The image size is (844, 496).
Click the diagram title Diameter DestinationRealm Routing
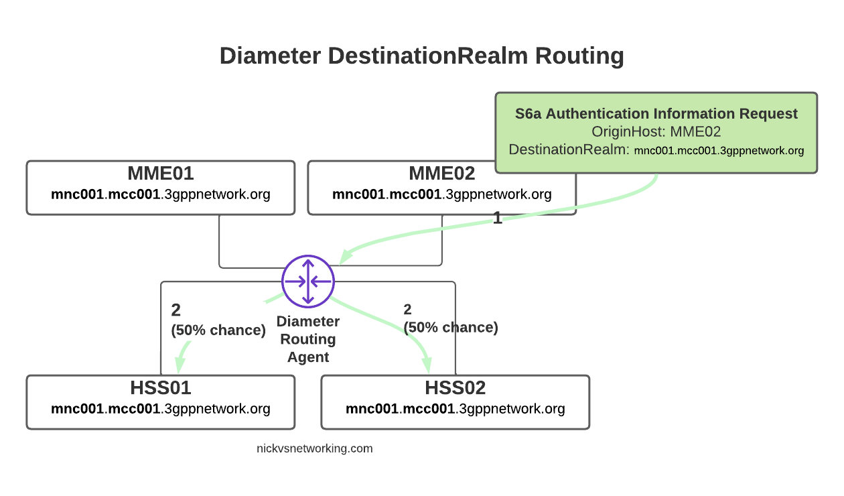421,56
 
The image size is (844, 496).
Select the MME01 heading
161,174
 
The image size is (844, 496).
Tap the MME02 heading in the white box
441,174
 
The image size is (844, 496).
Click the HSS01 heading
161,388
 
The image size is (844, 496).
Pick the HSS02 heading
455,388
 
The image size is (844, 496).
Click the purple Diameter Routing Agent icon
307,281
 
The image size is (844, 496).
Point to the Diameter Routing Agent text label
308,339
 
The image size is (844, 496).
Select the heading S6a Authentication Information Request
656,114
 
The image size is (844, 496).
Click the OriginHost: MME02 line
656,132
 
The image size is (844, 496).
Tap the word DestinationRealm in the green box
569,150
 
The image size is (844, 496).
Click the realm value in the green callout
719,151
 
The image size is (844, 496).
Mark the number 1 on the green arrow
497,217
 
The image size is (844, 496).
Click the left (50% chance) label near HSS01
218,330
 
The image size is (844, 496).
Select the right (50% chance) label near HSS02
451,327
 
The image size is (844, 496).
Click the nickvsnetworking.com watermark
314,448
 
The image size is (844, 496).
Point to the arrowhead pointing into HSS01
180,365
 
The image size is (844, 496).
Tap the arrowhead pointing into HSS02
427,365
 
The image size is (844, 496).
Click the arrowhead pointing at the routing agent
346,257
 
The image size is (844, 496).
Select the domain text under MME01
161,195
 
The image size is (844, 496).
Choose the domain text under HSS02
455,409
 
